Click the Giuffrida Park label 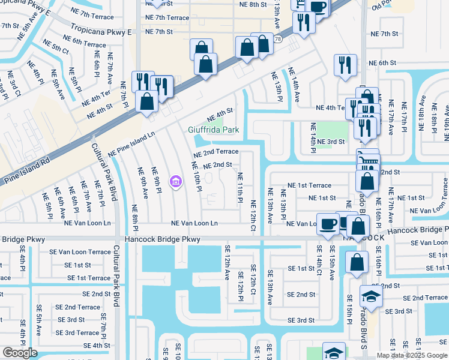[213, 130]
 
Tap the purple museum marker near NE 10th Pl [175, 181]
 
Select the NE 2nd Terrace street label [215, 152]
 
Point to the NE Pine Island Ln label [131, 145]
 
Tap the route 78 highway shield [277, 39]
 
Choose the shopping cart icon [367, 159]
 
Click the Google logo [19, 353]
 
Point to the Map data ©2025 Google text [412, 355]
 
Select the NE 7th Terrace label [167, 18]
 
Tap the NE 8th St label [252, 5]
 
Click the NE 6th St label [383, 63]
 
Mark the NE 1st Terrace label [309, 186]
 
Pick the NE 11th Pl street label [240, 187]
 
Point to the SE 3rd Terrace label [77, 333]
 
